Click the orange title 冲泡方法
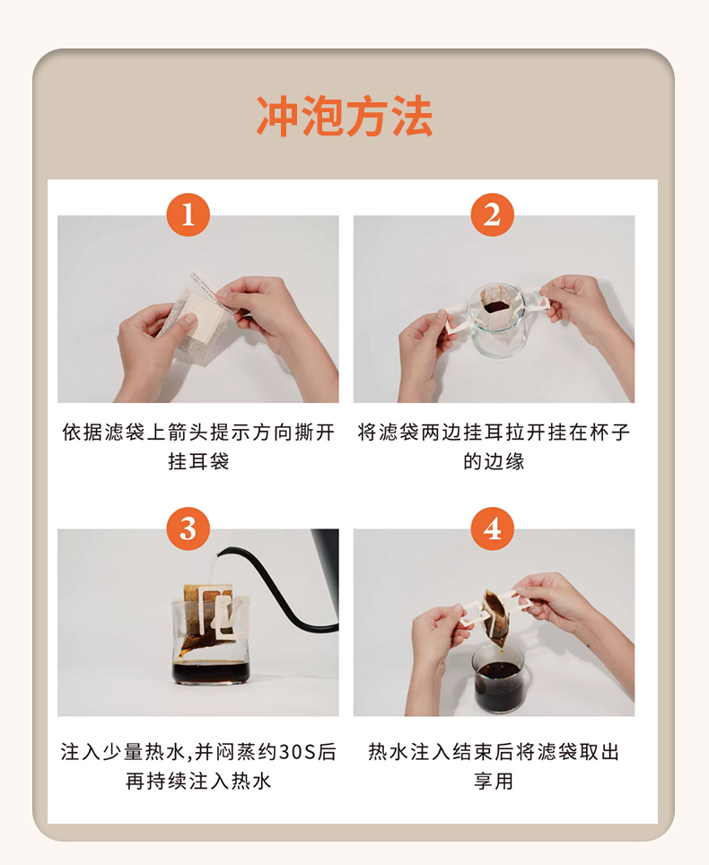point(345,116)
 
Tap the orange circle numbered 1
point(188,214)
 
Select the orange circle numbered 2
point(492,214)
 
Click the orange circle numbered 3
point(188,529)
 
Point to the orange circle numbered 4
point(492,529)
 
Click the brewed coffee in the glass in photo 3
point(211,671)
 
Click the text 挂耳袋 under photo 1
point(198,460)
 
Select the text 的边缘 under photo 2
point(494,460)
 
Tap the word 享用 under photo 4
point(494,781)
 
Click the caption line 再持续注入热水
point(198,781)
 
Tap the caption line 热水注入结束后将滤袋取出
point(494,751)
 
